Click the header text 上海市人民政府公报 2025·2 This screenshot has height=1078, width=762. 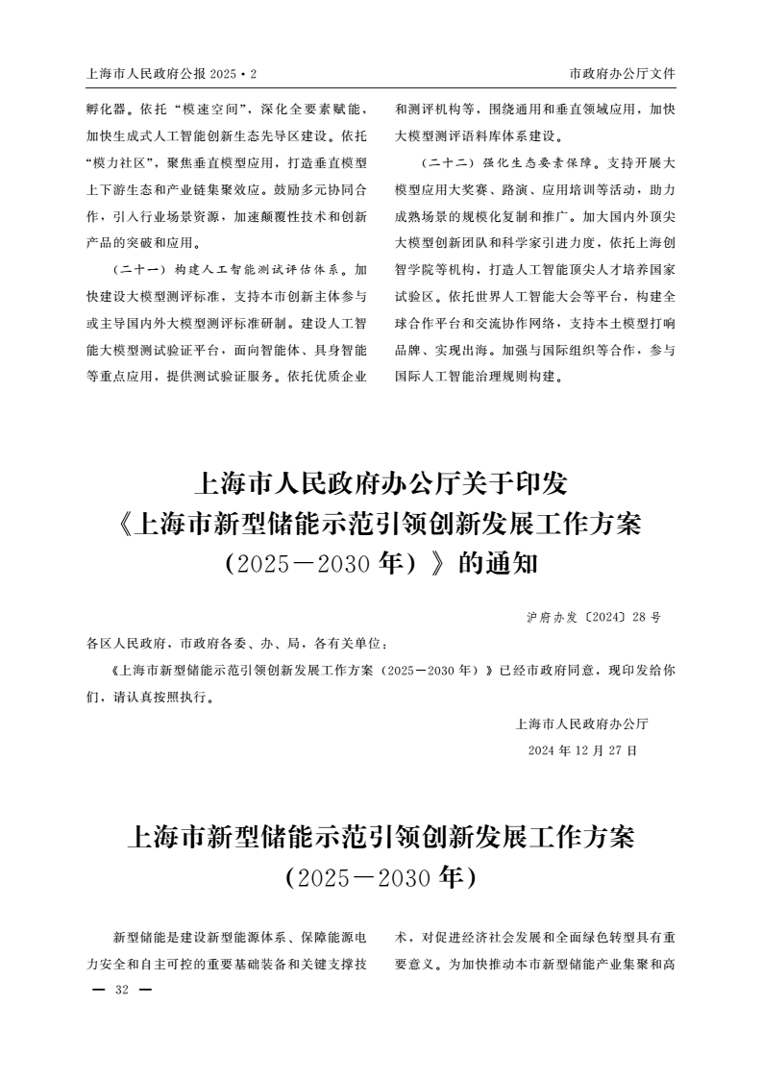179,73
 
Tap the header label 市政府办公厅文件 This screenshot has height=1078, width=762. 623,73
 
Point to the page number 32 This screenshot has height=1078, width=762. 121,991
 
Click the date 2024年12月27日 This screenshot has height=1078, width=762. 582,749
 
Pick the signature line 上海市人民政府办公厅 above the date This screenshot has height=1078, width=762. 582,723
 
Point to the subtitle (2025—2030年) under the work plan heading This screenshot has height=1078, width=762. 381,876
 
